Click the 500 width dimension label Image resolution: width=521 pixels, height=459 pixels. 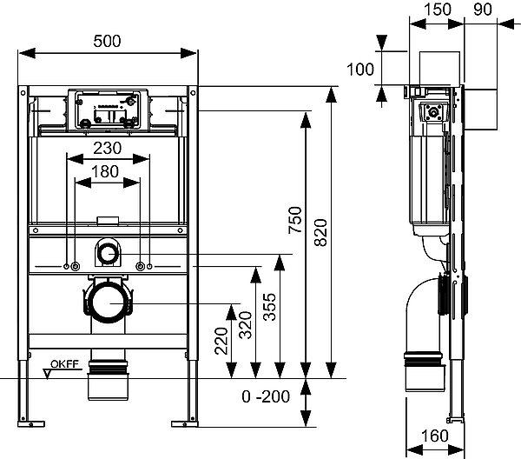point(107,41)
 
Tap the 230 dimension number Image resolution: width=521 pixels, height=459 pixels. point(108,148)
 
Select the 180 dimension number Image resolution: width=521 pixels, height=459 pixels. point(105,171)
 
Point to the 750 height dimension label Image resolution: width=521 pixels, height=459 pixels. point(295,220)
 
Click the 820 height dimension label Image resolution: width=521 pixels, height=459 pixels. point(321,232)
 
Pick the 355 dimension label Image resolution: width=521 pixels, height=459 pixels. point(269,307)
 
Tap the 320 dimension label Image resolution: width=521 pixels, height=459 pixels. point(246,325)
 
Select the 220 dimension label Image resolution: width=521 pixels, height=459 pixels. point(221,342)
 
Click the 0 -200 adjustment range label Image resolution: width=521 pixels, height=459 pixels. point(266,396)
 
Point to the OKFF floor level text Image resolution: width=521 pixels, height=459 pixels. point(65,364)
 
